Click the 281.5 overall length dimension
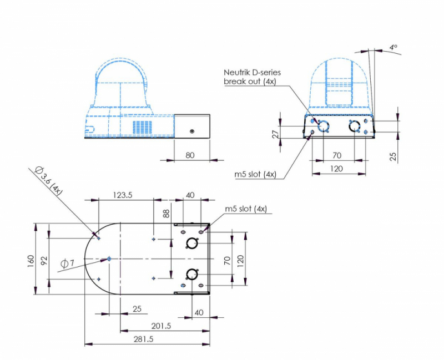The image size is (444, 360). [x=144, y=339]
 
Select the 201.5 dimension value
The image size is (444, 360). [x=161, y=326]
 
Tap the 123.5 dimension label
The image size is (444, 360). [x=123, y=195]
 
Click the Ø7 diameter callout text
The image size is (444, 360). [x=67, y=263]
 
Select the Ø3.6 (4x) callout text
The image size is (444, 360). [x=48, y=181]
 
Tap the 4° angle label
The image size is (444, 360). [x=393, y=47]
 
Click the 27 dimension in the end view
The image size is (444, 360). [x=275, y=134]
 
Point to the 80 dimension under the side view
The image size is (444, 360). [x=190, y=155]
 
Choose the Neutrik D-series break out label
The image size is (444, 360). [x=253, y=77]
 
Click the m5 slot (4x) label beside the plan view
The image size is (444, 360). [x=246, y=209]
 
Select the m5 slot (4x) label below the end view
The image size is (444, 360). [x=255, y=174]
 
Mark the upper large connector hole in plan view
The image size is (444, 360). [x=191, y=243]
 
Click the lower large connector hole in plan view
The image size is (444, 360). [x=192, y=274]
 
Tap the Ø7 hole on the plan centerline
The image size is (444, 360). [x=109, y=258]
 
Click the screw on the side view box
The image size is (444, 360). [x=192, y=131]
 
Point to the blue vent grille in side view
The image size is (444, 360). [x=143, y=128]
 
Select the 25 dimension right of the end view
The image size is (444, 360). [x=393, y=156]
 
